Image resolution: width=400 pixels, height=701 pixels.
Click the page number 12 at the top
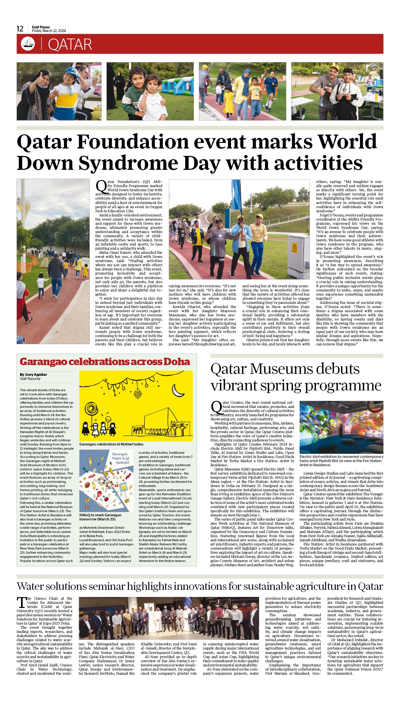20,29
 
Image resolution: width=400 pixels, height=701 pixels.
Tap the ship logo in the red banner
28,44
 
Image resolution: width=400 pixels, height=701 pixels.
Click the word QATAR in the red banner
70,44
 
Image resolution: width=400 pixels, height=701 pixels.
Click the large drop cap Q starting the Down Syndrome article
101,186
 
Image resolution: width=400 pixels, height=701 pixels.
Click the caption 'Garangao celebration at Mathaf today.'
111,444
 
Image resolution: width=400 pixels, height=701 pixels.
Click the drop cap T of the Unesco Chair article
21,602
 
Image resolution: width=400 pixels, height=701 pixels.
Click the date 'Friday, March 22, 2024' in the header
49,31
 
